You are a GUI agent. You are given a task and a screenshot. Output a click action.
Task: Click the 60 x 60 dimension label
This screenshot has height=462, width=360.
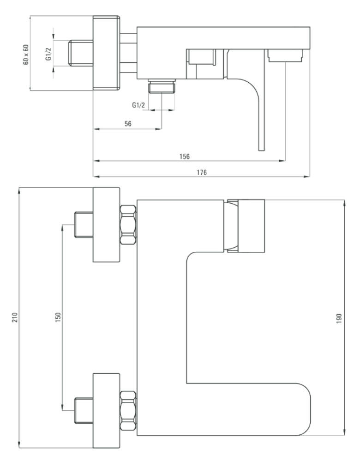point(26,55)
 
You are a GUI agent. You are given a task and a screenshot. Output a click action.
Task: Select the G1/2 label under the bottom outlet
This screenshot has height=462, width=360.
point(138,105)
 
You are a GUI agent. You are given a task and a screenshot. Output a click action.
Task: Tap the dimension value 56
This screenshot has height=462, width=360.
point(128,124)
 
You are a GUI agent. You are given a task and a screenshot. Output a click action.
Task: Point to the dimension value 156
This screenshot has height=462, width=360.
point(185,157)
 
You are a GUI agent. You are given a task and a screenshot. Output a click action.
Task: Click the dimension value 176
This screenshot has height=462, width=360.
point(202,172)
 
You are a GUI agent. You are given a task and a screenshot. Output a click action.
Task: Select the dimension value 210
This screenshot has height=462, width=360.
point(15,317)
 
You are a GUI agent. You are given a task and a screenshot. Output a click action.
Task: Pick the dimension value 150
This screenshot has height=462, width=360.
point(58,317)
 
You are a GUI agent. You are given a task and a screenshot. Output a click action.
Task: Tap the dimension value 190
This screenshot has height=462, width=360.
point(339,319)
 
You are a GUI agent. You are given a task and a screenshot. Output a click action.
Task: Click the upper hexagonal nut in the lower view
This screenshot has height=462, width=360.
point(128,225)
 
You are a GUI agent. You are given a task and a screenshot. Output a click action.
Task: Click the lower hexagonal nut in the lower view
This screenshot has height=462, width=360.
point(128,411)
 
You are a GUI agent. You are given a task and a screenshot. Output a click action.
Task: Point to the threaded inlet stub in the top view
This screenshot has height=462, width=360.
point(81,53)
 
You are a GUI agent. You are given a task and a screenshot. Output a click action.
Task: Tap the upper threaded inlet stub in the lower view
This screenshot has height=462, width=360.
point(84,224)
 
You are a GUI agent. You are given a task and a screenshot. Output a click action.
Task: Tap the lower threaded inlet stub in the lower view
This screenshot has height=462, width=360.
point(84,410)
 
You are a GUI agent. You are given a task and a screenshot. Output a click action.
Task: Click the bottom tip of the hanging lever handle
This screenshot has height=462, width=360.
point(262,151)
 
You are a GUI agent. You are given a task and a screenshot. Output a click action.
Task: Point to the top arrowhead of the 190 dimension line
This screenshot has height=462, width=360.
point(344,203)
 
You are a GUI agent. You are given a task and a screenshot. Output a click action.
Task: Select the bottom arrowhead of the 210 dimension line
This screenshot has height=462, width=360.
point(19,445)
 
